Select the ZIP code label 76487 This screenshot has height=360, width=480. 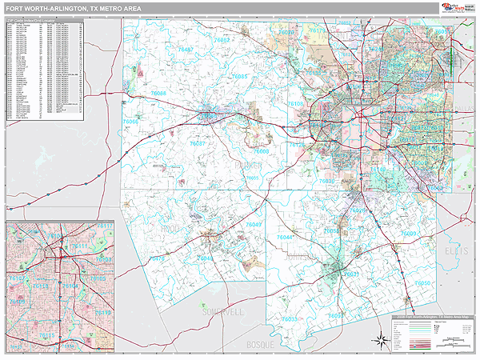click(x=186, y=50)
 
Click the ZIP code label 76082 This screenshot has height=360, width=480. click(x=222, y=40)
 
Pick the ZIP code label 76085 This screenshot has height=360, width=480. click(x=240, y=77)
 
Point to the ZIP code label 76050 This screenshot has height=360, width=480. click(x=422, y=284)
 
